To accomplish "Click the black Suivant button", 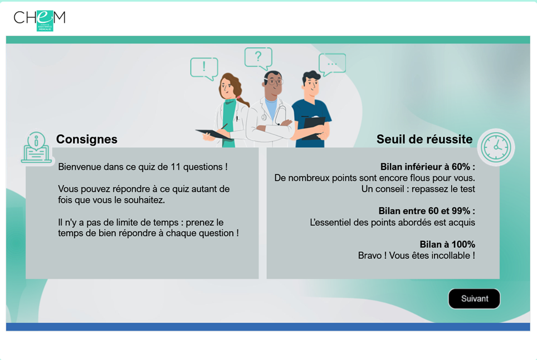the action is point(474,299).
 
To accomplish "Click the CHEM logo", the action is point(40,21).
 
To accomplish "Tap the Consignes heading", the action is point(87,139).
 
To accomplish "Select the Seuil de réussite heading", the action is point(424,139).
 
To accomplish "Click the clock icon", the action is point(496,147).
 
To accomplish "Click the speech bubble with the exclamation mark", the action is point(204,69).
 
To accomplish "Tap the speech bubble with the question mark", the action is point(258,58).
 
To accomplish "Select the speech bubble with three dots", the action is point(332,65).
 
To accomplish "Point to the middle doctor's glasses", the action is point(274,82).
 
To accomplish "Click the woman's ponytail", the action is point(242,100).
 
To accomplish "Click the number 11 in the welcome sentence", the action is point(175,167).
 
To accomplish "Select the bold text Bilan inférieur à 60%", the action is point(427,167).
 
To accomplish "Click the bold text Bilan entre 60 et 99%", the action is point(427,211).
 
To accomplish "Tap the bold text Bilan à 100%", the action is point(447,244).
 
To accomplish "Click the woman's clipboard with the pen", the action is point(214,134).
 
